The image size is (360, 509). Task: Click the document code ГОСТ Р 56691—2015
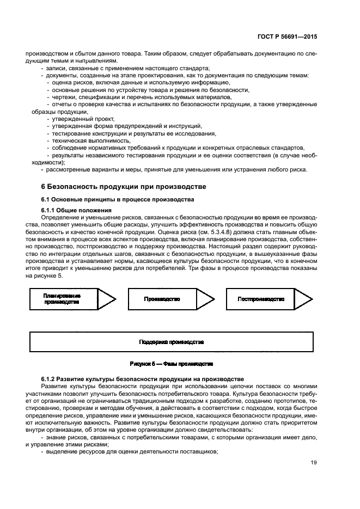point(288,37)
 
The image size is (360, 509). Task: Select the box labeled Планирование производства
point(62,299)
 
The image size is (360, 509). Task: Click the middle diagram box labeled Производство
point(162,299)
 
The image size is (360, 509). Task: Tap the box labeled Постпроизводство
point(261,299)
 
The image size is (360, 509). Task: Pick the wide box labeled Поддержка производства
point(171,342)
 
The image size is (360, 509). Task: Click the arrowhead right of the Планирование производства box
point(106,299)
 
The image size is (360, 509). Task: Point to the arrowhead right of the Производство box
point(205,299)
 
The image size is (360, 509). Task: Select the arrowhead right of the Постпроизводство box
point(304,299)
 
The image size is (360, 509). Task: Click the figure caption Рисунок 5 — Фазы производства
point(171,363)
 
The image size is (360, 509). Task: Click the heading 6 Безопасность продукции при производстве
point(124,187)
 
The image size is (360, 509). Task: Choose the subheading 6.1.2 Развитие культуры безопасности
point(143,378)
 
